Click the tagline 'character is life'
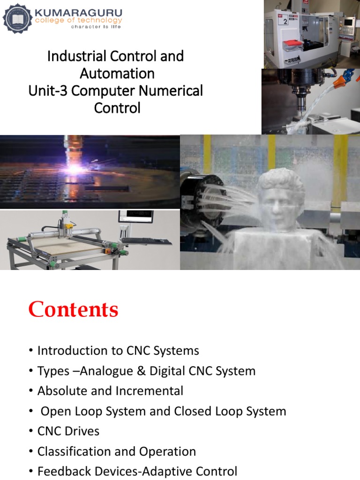96,27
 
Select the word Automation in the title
117,74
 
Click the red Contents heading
73,310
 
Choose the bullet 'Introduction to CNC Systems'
118,351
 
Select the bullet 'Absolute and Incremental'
110,391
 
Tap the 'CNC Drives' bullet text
68,431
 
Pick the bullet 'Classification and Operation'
117,451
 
